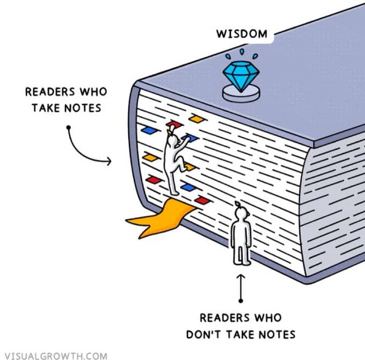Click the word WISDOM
point(242,34)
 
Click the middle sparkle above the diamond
point(242,52)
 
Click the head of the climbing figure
point(173,140)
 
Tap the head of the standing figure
point(241,213)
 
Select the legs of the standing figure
point(242,255)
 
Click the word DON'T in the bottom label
point(205,335)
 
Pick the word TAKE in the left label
point(46,108)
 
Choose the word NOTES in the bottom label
point(277,335)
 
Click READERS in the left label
point(50,91)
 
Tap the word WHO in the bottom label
point(268,318)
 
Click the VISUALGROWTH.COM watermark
point(56,356)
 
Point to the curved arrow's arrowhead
point(108,161)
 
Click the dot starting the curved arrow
point(69,127)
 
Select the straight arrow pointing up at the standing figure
point(241,287)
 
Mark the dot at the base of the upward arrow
point(241,301)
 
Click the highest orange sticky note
point(197,119)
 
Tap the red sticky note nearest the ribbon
point(202,200)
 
